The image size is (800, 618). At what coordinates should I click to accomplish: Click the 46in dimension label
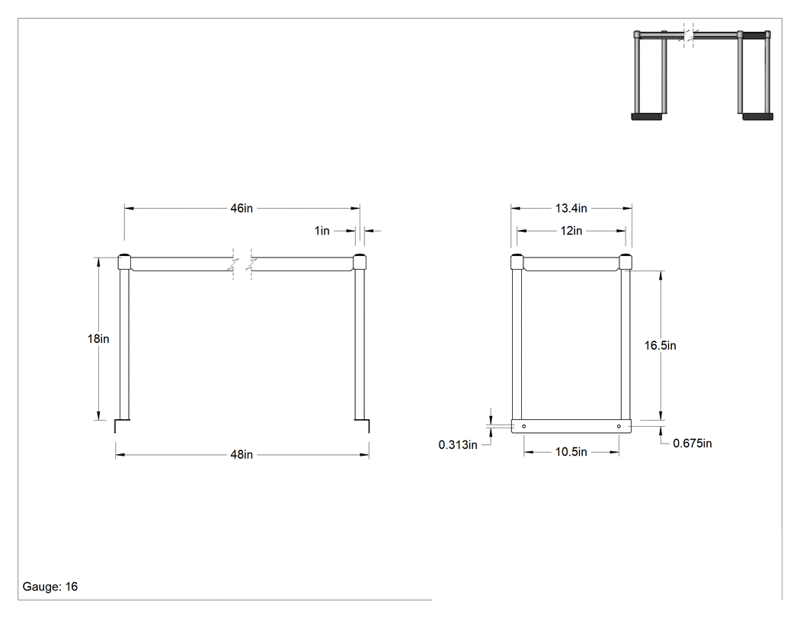242,208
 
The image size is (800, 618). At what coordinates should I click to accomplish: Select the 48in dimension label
242,455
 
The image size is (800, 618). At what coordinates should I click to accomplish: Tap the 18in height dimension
98,339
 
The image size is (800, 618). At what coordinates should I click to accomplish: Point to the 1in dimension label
322,231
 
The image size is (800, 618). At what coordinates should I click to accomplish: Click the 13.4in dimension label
571,208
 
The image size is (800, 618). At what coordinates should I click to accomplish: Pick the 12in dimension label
571,231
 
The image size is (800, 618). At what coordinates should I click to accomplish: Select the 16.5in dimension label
661,345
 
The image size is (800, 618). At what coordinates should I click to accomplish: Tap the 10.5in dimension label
571,452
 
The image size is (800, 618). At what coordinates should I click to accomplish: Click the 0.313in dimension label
458,445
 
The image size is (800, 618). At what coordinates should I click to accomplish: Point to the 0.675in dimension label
693,443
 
